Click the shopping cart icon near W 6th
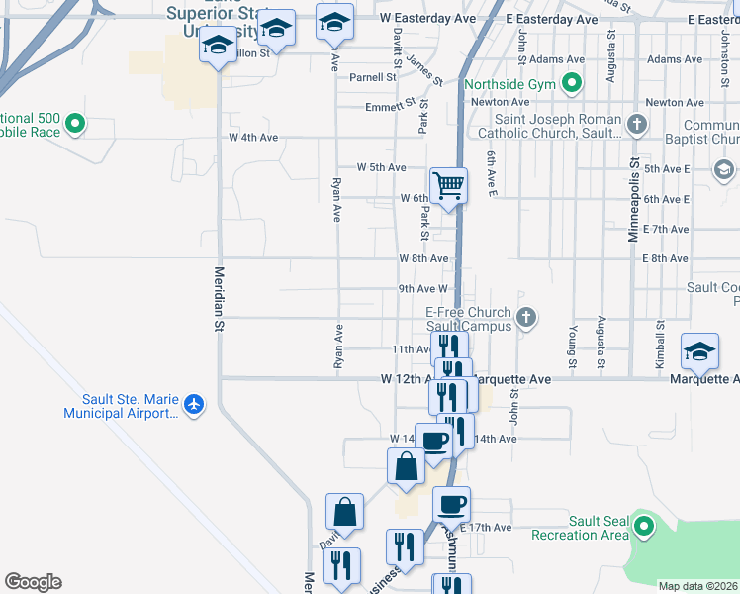pos(448,185)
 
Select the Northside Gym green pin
pos(571,85)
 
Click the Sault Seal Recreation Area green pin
pos(644,527)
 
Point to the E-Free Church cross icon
pos(527,317)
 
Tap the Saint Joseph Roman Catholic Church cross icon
pos(638,126)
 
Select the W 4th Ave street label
pos(253,138)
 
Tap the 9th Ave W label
pos(423,289)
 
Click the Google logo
pos(33,582)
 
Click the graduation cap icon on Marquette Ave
pos(699,351)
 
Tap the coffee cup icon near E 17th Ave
pos(451,505)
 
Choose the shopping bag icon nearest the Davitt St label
pos(344,512)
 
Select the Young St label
pos(572,340)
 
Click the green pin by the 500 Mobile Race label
pos(75,126)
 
